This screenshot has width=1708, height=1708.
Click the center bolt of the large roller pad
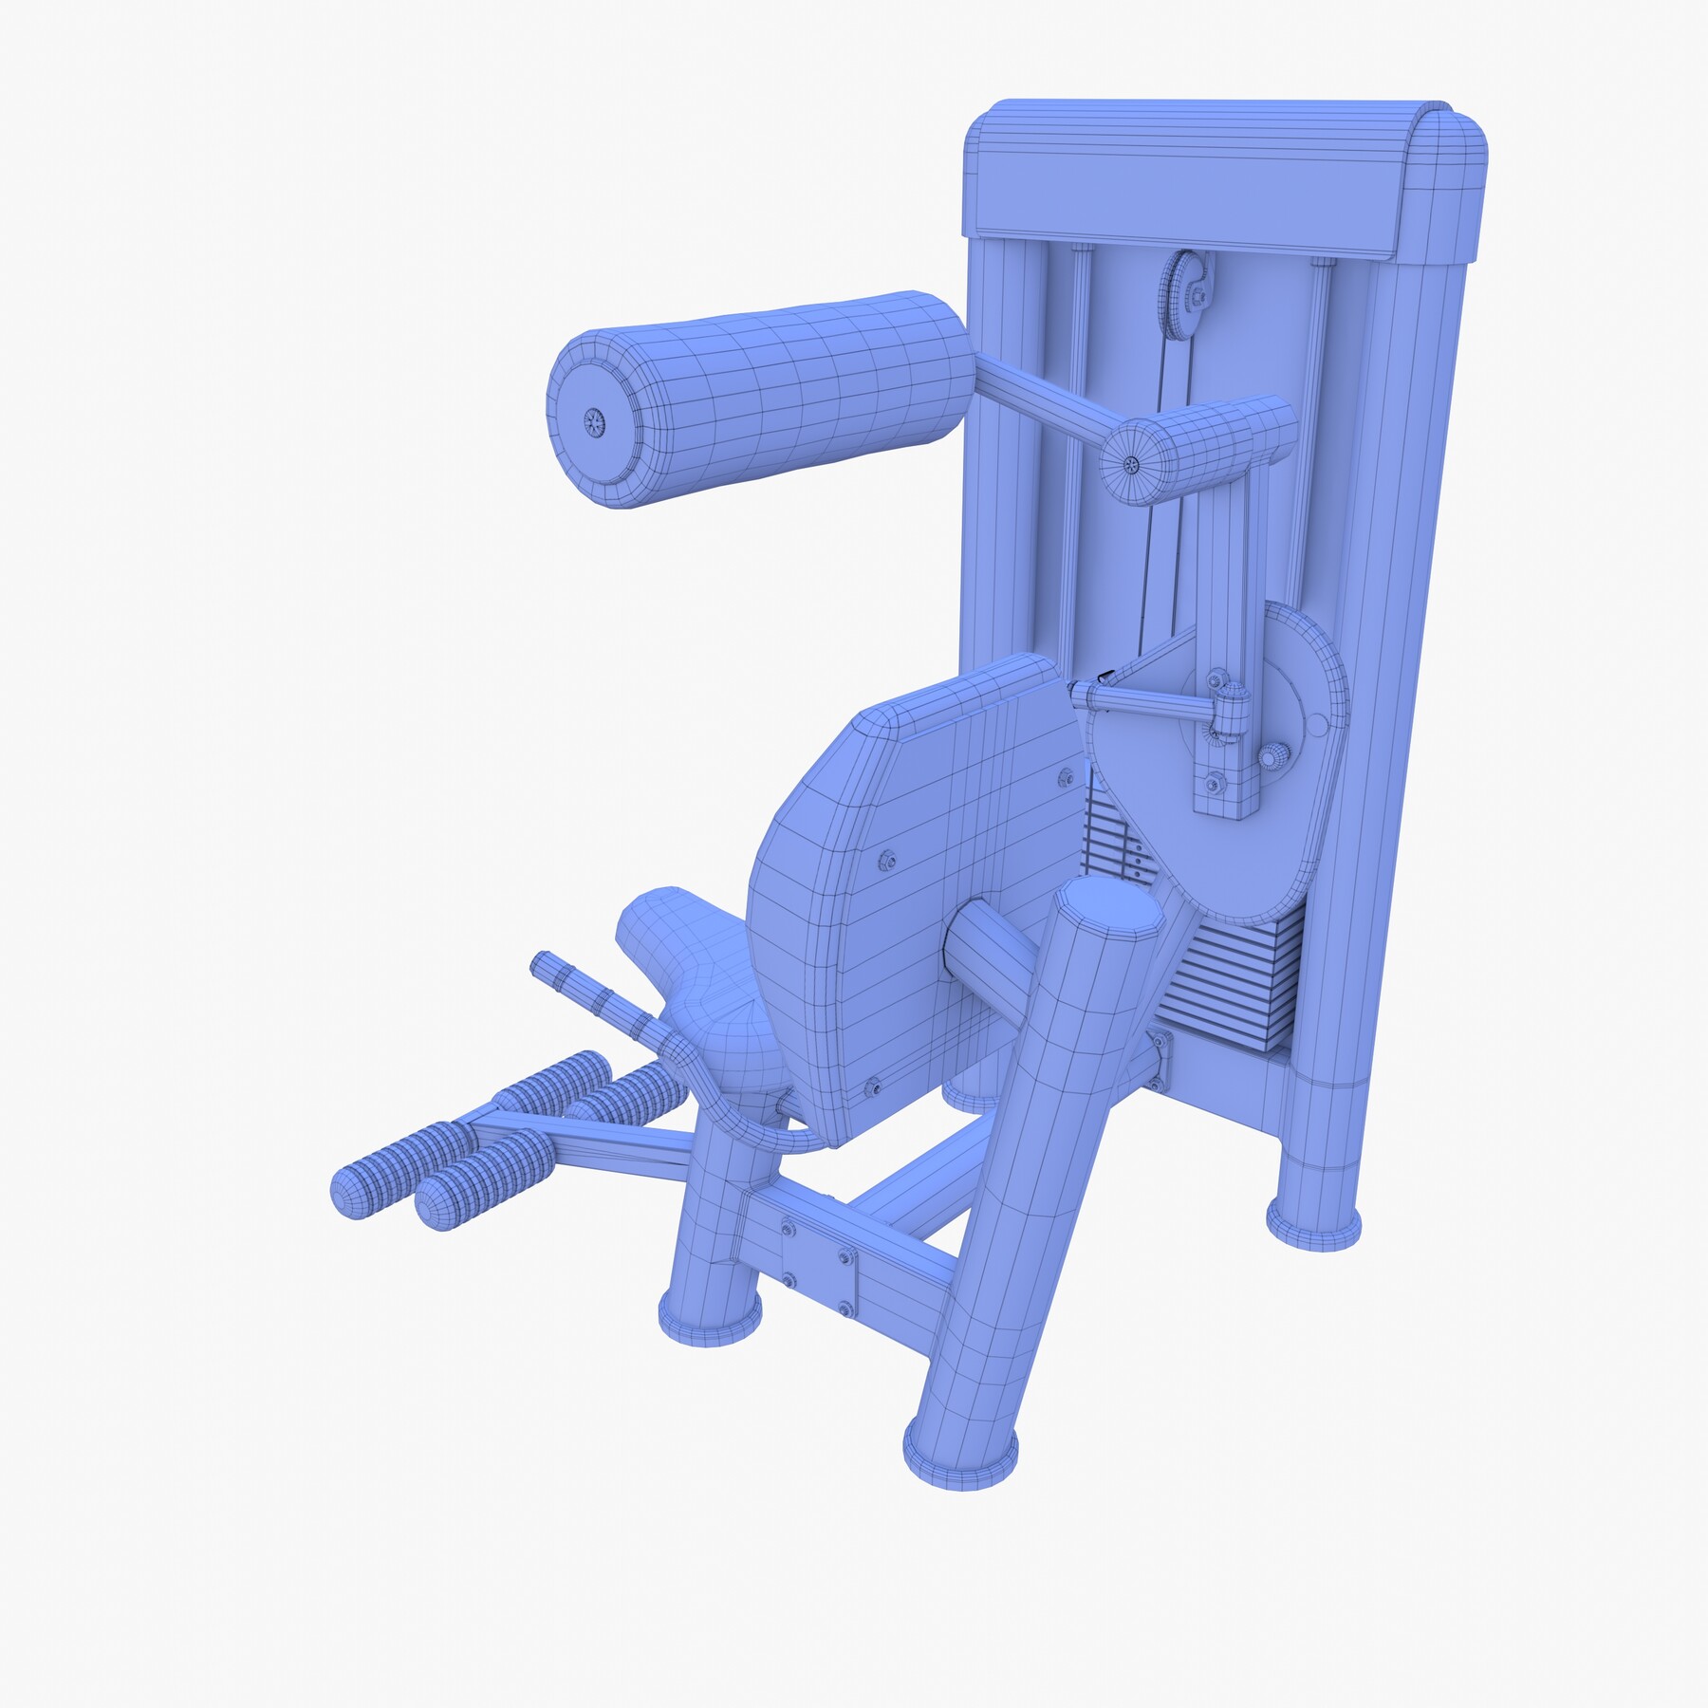click(x=595, y=423)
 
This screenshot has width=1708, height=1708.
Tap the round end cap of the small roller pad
click(x=1131, y=464)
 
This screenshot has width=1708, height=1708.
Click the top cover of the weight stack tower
click(x=1224, y=180)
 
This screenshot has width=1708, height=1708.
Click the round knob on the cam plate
click(x=1274, y=756)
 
